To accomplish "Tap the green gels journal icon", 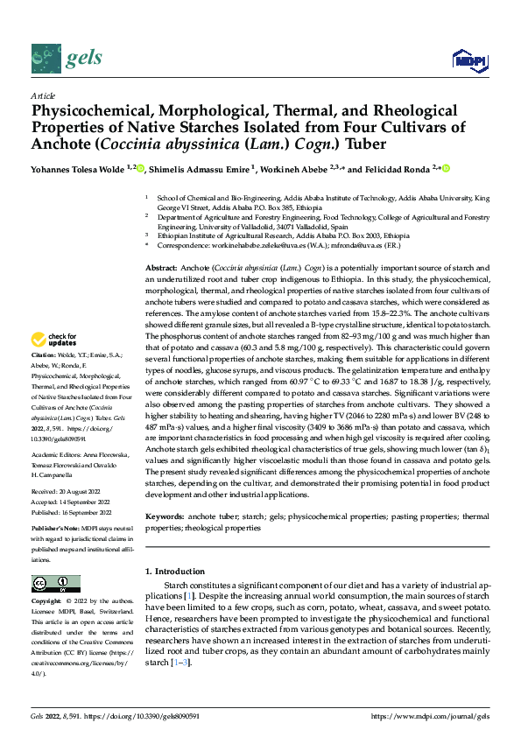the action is point(46,59).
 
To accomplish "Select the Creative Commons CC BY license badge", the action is point(55,584).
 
